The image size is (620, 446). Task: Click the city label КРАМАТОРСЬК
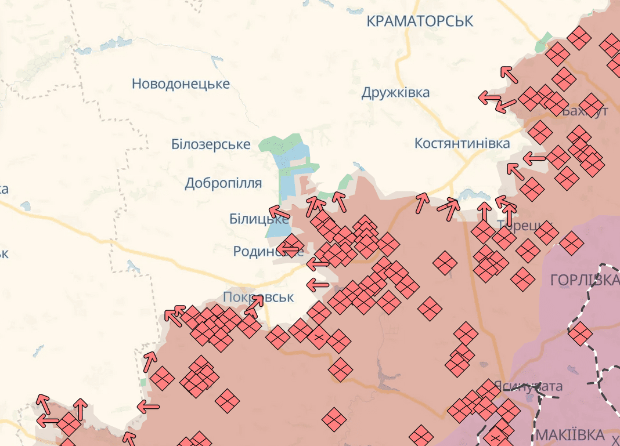tap(420, 21)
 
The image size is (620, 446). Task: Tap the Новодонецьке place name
tap(181, 84)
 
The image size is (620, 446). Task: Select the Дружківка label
tap(395, 93)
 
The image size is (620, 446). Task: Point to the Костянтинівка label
tap(462, 143)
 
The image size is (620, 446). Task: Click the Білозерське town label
tap(211, 144)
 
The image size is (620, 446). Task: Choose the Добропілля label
tap(223, 183)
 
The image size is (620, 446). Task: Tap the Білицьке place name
tap(258, 219)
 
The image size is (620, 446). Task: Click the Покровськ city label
tap(258, 298)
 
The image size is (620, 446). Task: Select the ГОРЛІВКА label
tap(583, 281)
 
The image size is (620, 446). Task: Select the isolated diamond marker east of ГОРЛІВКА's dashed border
tap(580, 333)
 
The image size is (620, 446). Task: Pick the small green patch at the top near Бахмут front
tap(545, 41)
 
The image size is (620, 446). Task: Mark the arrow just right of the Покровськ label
tap(251, 306)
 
